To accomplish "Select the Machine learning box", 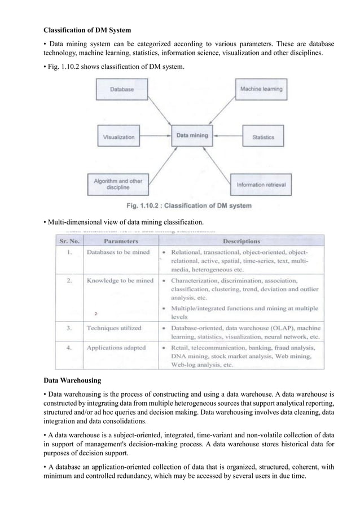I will (x=261, y=89).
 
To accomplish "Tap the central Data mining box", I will (x=192, y=136).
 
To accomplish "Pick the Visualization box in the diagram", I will (x=119, y=137).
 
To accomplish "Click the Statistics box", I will (x=263, y=137).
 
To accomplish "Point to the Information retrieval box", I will (x=260, y=185).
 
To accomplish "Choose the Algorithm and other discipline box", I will (x=118, y=185).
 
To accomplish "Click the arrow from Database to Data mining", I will (x=161, y=115).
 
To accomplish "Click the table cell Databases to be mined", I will (x=118, y=252).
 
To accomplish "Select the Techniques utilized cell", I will (x=113, y=327).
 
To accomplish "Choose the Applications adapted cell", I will (x=116, y=348).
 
